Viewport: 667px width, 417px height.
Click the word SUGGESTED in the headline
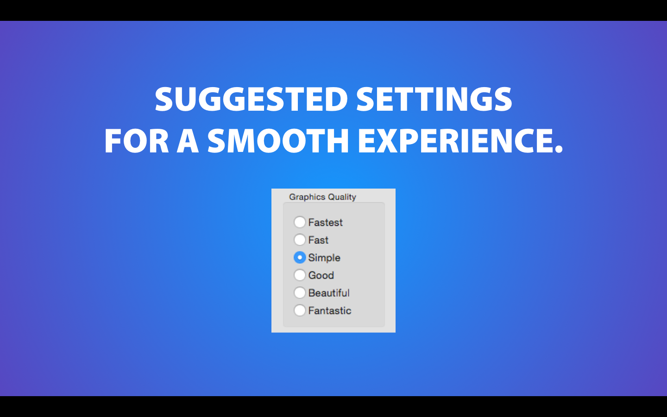pos(252,100)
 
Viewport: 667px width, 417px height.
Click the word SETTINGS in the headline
pos(434,100)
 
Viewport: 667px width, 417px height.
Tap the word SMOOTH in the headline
pos(278,140)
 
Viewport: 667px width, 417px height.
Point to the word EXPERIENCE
pos(456,140)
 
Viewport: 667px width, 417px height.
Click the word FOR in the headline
pos(137,140)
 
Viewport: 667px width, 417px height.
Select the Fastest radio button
pos(300,222)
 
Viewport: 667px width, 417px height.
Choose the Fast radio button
pos(300,240)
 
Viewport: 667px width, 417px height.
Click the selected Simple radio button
pos(300,257)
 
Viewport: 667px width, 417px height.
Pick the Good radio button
pos(300,275)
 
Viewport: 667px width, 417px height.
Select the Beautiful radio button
pos(300,292)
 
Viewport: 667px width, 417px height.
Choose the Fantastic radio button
pos(300,310)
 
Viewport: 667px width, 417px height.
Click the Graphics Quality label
pos(322,197)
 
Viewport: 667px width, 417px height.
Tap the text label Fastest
pos(326,222)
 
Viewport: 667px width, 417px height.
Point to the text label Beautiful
pos(329,293)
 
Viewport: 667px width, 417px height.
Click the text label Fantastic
pos(330,310)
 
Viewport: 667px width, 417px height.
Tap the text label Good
pos(321,275)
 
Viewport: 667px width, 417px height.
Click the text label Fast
pos(318,240)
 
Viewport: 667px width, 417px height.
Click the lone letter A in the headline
pos(188,140)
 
